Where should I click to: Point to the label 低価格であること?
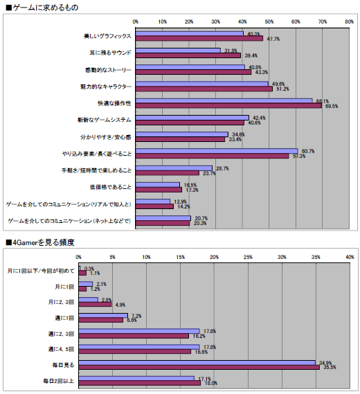click(111, 188)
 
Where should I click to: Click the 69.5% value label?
click(332, 107)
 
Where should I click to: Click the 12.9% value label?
click(181, 201)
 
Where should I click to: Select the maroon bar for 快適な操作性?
click(228, 106)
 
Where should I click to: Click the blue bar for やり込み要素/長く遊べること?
click(217, 150)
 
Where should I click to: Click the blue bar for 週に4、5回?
click(138, 347)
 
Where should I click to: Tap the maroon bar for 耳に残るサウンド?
click(188, 55)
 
